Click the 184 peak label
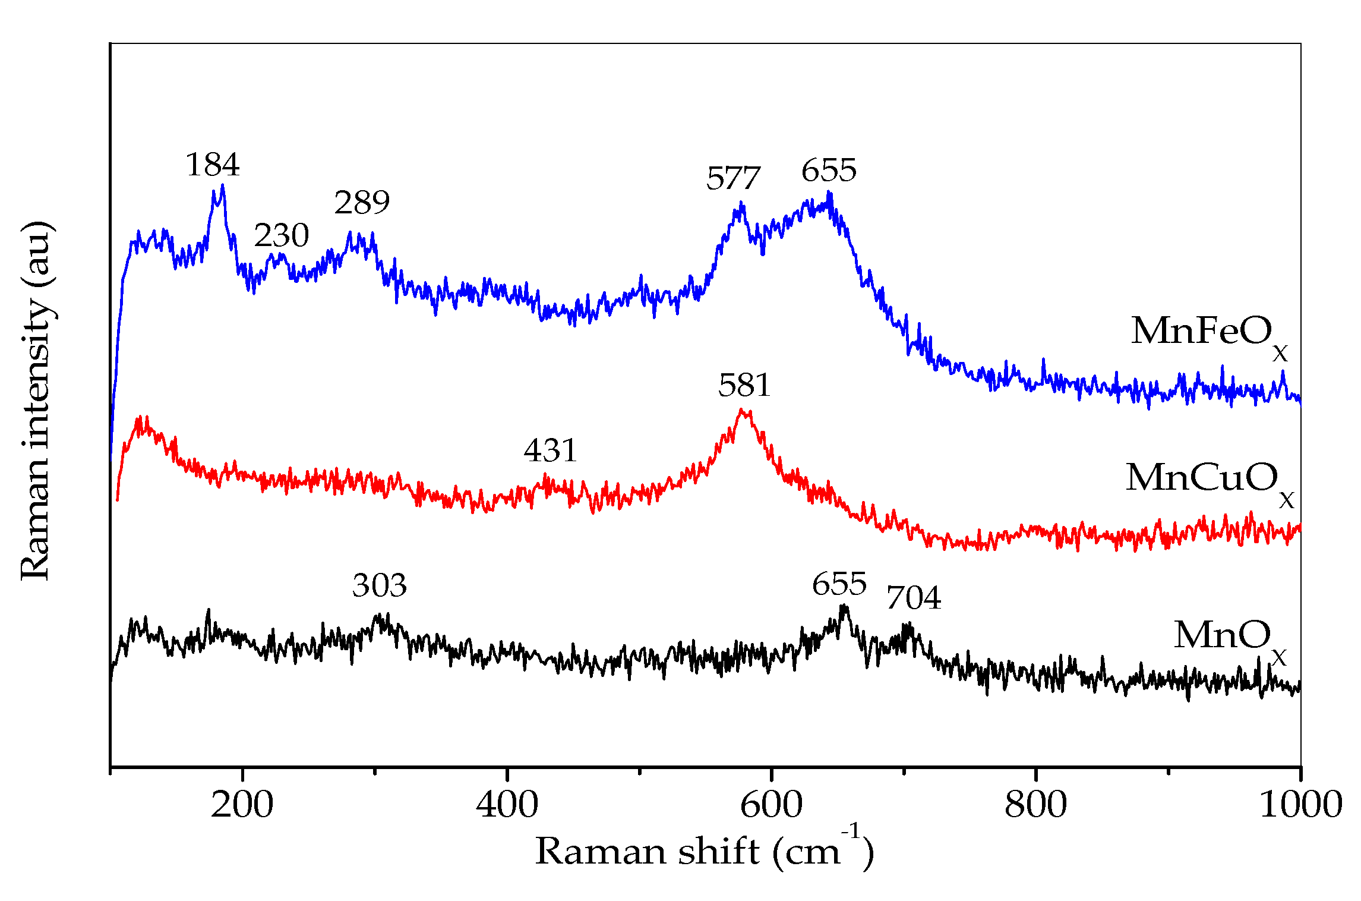[213, 165]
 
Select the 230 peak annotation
[282, 235]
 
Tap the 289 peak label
[362, 203]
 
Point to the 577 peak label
[733, 178]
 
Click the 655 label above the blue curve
[829, 171]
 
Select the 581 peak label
[744, 385]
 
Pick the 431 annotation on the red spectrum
[550, 450]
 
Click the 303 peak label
[379, 585]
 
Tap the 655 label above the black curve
[839, 584]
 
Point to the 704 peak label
[914, 598]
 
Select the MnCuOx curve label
[1209, 480]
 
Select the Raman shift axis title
[704, 851]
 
